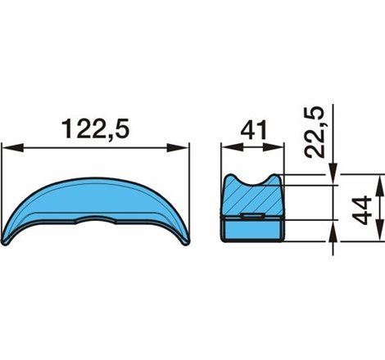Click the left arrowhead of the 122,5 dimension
[8, 148]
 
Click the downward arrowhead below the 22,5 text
[333, 168]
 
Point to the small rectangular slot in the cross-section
[253, 217]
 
